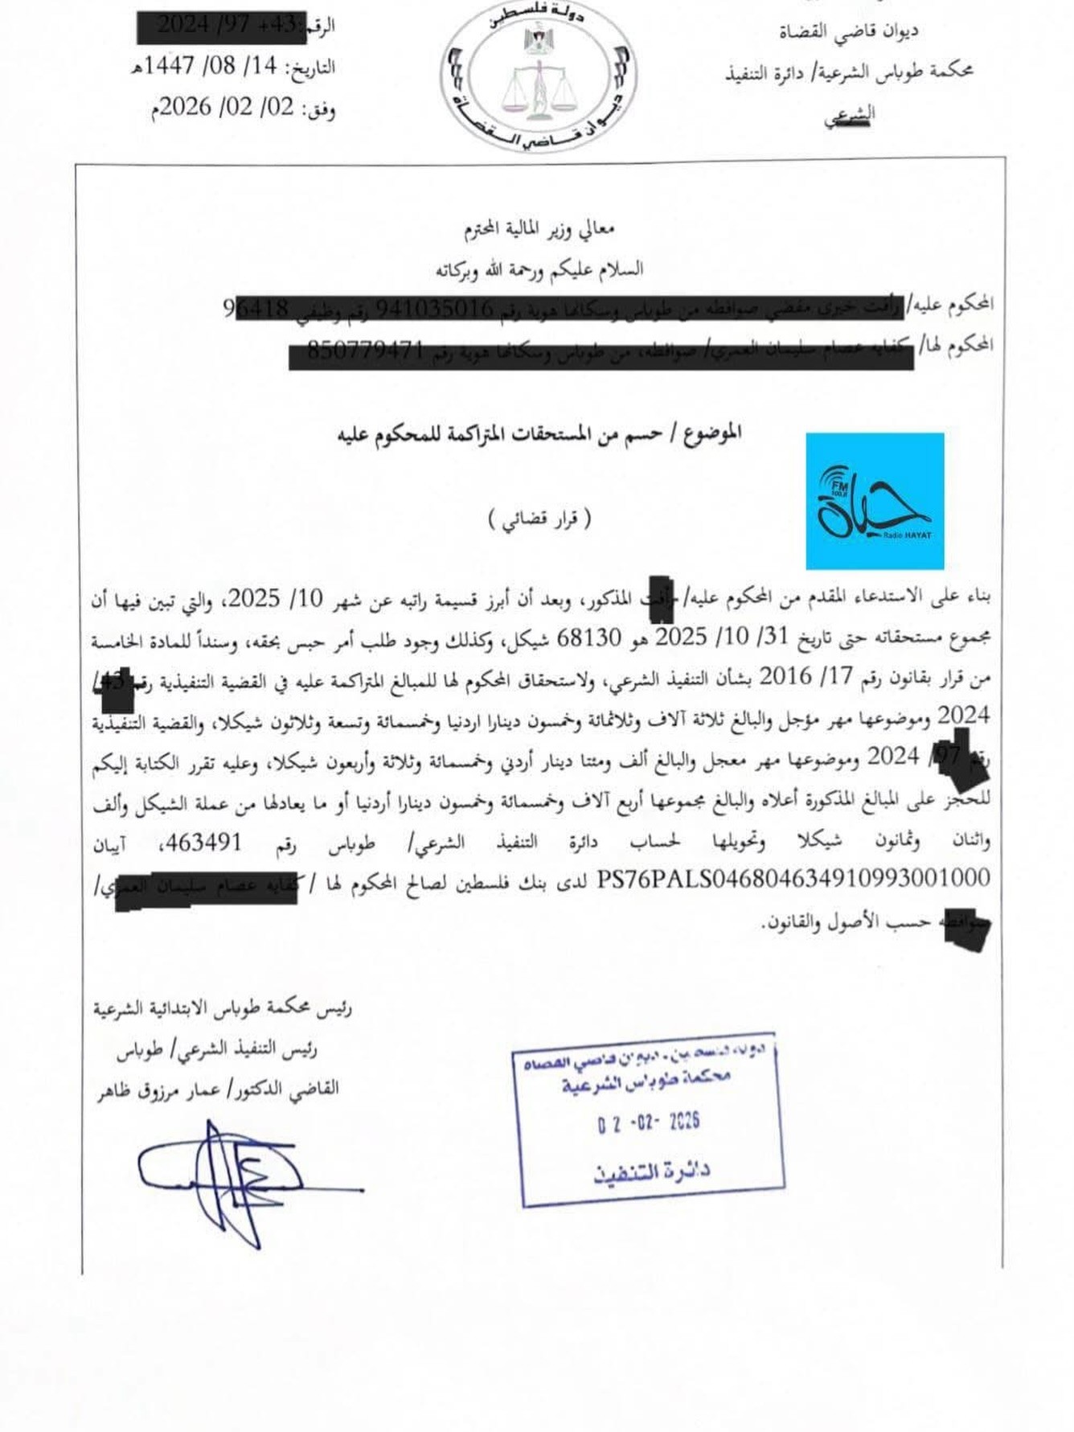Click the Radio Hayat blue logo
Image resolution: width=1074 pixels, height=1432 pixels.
(875, 501)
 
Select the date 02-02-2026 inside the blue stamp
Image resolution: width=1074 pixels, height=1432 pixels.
(649, 1122)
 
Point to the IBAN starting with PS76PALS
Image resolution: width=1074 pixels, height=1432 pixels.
(793, 879)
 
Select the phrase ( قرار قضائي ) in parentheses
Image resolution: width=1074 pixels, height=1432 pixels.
(539, 519)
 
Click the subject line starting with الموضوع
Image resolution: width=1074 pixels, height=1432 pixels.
(539, 434)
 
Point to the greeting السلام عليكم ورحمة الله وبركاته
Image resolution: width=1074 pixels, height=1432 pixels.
(539, 269)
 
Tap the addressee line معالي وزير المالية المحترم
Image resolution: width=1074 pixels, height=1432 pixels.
(539, 230)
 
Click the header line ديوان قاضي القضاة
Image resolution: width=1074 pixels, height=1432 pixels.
(849, 31)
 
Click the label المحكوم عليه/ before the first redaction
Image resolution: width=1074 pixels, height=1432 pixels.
(950, 303)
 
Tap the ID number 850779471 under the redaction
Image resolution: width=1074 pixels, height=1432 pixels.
(366, 351)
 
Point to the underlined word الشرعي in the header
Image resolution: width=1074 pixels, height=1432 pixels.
(849, 114)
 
